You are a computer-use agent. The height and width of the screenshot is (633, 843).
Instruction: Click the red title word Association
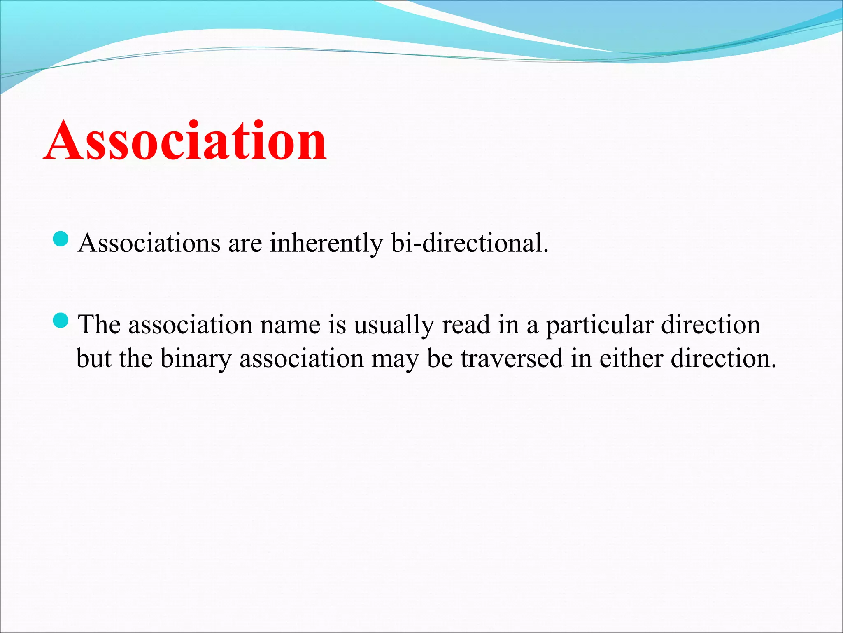click(x=185, y=141)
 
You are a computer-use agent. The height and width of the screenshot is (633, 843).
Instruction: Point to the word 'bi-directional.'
click(x=470, y=243)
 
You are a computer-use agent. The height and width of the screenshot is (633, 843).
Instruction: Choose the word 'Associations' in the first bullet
click(x=149, y=243)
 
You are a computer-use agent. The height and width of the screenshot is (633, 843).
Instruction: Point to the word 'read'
click(x=466, y=325)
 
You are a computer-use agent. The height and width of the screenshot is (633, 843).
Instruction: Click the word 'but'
click(x=94, y=359)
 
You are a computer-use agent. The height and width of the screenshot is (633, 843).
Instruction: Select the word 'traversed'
click(x=512, y=359)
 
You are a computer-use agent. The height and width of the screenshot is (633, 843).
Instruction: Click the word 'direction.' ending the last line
click(x=723, y=358)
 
